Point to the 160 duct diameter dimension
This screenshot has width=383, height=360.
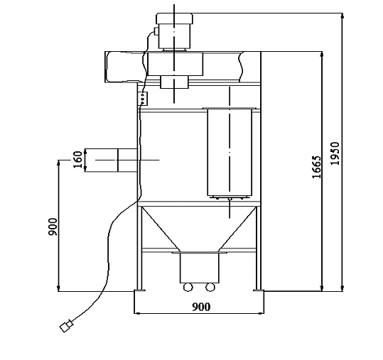[77, 160]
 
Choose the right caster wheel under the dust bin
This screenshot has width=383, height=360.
[210, 287]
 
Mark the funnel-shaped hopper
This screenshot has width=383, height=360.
[199, 227]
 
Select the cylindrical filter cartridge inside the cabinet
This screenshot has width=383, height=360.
[230, 152]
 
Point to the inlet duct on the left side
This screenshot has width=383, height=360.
[110, 160]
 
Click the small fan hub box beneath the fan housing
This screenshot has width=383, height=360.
[174, 82]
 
